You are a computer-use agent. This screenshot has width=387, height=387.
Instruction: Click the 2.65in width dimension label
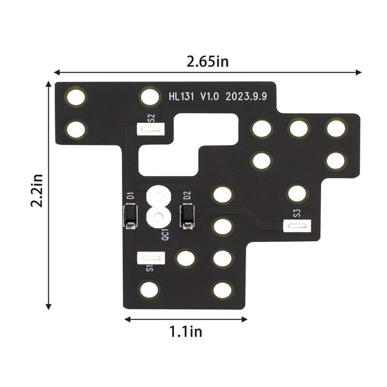[x=208, y=62]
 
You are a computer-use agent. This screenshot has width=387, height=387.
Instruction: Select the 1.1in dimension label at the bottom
[x=186, y=332]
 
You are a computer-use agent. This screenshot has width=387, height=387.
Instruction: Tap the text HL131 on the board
[x=181, y=97]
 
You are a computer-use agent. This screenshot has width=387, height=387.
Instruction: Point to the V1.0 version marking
[x=210, y=97]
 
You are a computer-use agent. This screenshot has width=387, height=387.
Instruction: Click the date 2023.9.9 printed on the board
[x=246, y=97]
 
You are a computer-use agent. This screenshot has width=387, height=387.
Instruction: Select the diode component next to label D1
[x=130, y=216]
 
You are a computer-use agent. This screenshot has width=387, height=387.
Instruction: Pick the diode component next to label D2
[x=187, y=216]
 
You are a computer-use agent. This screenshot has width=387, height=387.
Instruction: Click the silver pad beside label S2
[x=151, y=128]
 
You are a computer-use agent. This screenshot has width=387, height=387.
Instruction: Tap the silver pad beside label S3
[x=297, y=226]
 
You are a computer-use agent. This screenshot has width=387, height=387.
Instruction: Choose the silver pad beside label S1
[x=151, y=257]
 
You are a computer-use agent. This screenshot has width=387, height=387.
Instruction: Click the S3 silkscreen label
[x=297, y=213]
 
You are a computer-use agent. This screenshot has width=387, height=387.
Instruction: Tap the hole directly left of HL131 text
[x=150, y=97]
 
